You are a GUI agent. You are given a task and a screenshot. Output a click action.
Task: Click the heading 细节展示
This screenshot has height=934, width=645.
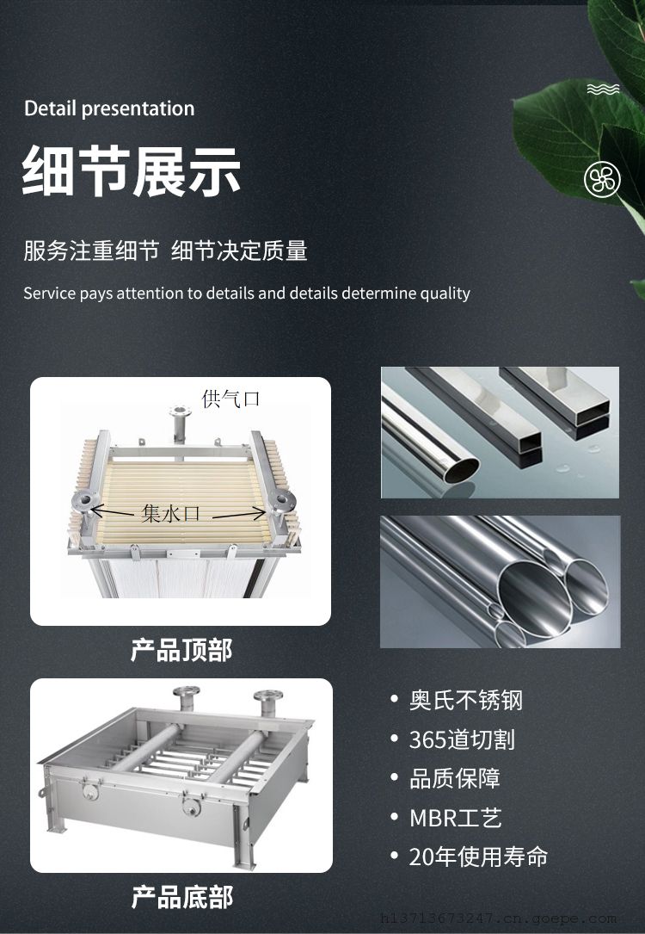pos(132,170)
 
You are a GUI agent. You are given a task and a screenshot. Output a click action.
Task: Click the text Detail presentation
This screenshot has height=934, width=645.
pos(109,108)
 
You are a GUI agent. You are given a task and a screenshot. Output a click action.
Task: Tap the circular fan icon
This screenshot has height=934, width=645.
pos(602,179)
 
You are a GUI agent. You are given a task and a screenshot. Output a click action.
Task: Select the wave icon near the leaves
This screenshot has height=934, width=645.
pos(604,90)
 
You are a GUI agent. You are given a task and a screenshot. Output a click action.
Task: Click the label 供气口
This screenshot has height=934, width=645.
pos(230,399)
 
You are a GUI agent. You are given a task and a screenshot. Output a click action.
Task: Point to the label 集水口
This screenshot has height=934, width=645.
pos(171,512)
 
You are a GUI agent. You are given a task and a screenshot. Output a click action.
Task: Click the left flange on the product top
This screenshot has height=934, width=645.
pos(84,500)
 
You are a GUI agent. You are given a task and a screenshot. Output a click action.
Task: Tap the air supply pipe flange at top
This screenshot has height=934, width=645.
pos(179,411)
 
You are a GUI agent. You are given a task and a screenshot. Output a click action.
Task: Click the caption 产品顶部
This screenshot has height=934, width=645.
pos(181,650)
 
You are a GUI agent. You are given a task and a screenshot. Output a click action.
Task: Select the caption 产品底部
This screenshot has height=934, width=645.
pos(181,897)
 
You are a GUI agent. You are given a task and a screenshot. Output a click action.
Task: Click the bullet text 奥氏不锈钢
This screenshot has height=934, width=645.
pos(466,700)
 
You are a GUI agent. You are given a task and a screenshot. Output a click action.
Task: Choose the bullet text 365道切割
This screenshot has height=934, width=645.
pos(462,739)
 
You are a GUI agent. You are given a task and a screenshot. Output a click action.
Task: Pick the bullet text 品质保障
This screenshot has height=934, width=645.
pos(455,778)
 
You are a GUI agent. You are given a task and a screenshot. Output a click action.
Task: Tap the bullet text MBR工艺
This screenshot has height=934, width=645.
pos(456,818)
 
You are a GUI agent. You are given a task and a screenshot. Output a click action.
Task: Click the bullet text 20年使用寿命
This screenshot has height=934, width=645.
pos(478,857)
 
